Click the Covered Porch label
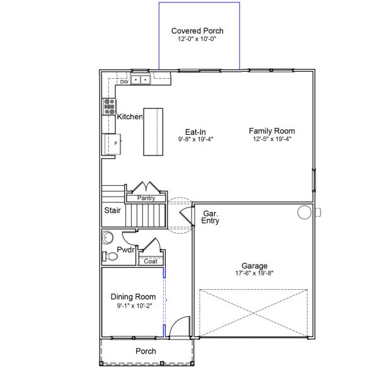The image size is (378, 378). [197, 31]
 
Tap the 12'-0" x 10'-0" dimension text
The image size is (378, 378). [197, 39]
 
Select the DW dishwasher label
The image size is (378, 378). [124, 82]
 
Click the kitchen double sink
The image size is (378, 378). [140, 79]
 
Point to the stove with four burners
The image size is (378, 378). [109, 106]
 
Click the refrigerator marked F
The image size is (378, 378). [113, 144]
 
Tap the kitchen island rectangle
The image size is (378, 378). [153, 132]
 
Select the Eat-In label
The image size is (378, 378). [195, 132]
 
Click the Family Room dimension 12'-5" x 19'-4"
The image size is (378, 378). [272, 139]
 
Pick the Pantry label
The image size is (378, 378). [146, 198]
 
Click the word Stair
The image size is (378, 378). [112, 210]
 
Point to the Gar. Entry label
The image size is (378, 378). [210, 217]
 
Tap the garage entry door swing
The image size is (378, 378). [186, 215]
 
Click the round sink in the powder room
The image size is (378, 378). [108, 238]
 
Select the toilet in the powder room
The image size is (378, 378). [110, 256]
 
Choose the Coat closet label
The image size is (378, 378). [151, 261]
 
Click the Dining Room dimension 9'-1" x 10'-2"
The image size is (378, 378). [135, 306]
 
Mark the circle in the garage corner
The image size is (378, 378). [304, 212]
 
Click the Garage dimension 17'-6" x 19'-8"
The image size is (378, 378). [255, 273]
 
